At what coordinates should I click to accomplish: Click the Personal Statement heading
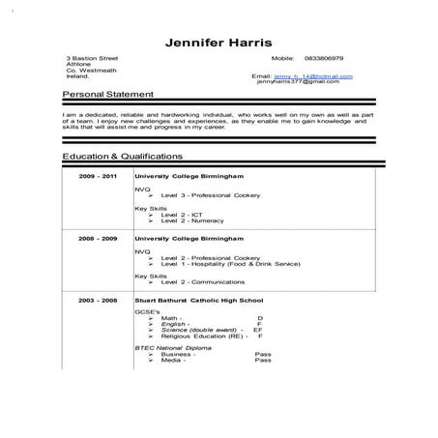(107, 94)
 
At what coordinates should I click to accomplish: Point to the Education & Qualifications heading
(122, 155)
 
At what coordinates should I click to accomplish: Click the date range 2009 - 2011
(100, 177)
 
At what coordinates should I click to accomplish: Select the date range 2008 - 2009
(100, 237)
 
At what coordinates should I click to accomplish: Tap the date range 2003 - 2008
(100, 303)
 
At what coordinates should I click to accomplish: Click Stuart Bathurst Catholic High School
(199, 303)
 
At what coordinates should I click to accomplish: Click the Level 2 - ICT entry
(182, 214)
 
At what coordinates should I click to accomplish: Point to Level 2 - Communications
(200, 281)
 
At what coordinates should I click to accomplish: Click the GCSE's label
(144, 311)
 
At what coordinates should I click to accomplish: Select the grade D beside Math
(260, 317)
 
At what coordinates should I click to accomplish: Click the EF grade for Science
(258, 330)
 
